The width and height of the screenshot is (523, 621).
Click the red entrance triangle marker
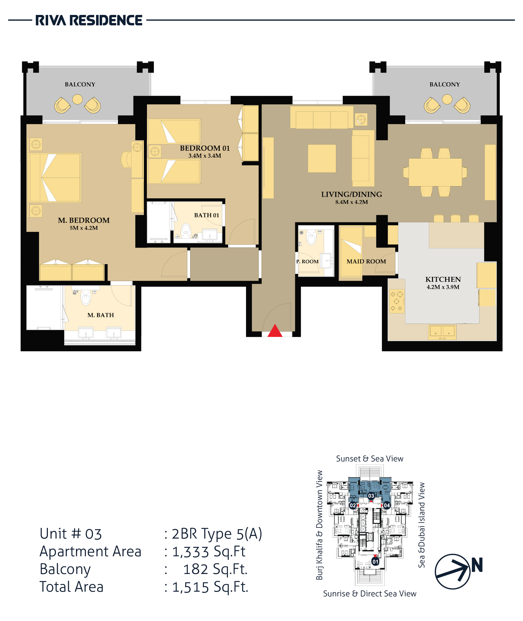point(275,331)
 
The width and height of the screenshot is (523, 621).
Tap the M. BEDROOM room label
point(84,220)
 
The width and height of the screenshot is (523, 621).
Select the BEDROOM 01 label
point(205,148)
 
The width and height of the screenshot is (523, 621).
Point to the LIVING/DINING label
point(352,194)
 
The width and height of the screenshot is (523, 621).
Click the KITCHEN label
point(443,280)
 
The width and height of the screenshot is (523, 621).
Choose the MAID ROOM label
point(366,261)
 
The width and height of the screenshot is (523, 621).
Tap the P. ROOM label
point(307,261)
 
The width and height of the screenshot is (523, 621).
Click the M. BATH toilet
point(86,297)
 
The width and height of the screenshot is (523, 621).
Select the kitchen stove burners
point(396,301)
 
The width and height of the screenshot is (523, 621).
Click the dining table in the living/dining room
point(435,172)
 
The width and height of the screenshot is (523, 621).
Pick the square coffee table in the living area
point(322,158)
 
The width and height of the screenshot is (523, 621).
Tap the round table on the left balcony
point(77,99)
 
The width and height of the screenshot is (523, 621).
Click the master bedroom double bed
point(55,178)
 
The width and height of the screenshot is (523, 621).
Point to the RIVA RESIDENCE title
point(89,20)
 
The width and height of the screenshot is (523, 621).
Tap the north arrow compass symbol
point(453,571)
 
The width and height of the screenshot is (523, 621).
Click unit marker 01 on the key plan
point(375,562)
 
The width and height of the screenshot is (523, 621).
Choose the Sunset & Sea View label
point(369,459)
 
